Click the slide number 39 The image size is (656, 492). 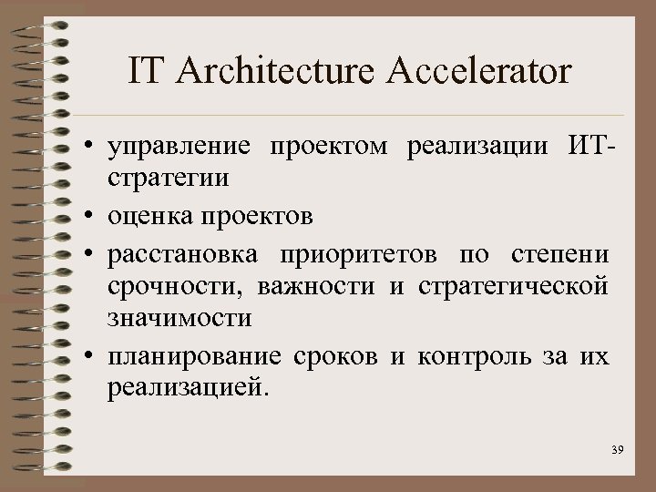[617, 451]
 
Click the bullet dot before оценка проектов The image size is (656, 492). [94, 217]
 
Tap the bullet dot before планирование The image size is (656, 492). [94, 356]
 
